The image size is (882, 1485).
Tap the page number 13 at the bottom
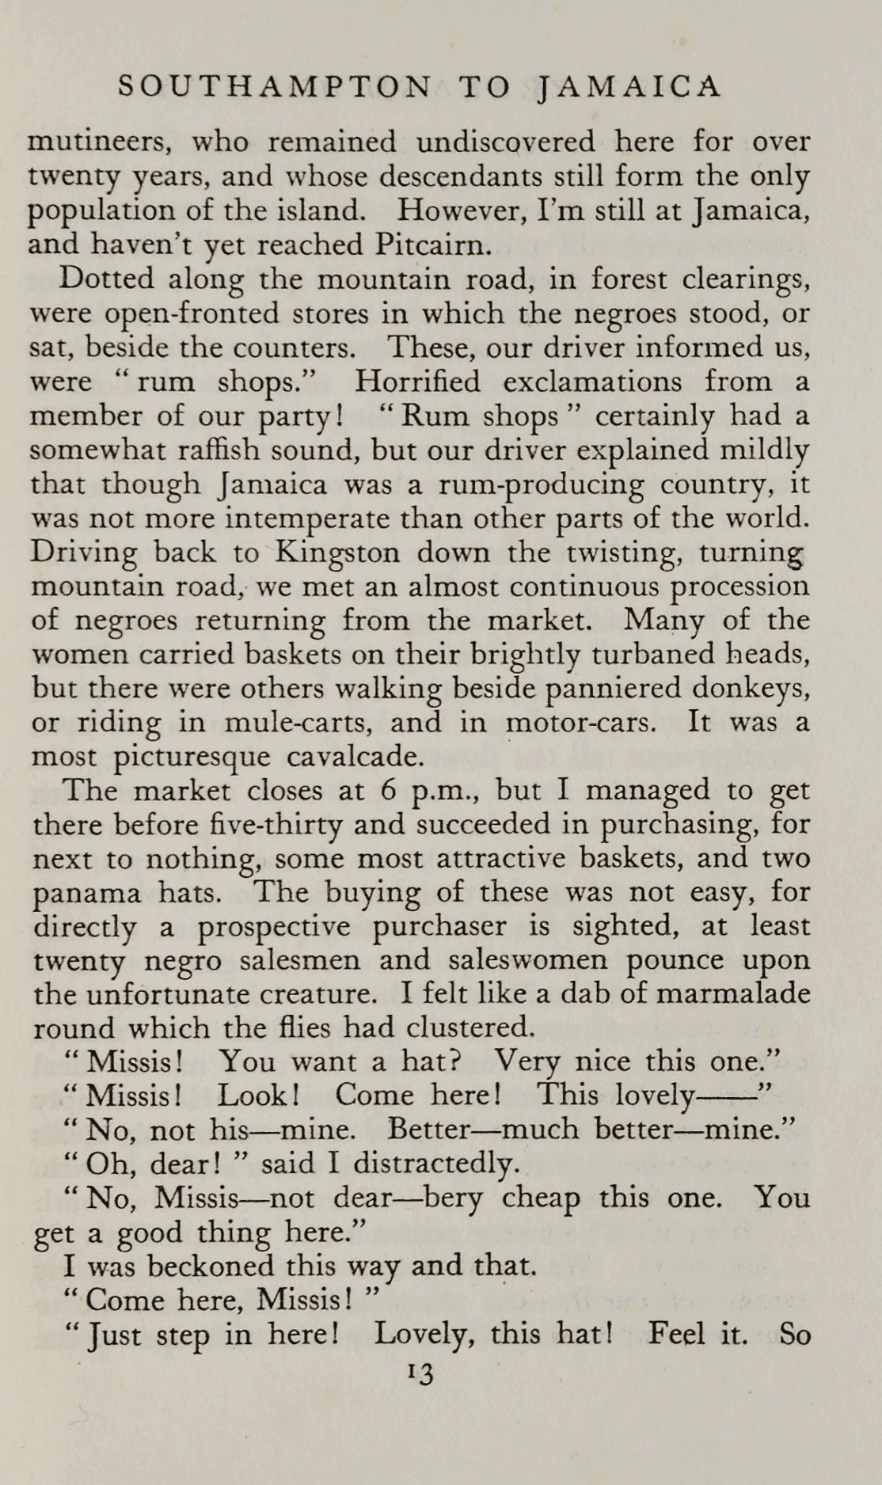[420, 1375]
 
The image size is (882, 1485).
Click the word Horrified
[417, 382]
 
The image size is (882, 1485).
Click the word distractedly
[435, 1164]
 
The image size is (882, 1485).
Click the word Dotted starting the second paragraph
[105, 279]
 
